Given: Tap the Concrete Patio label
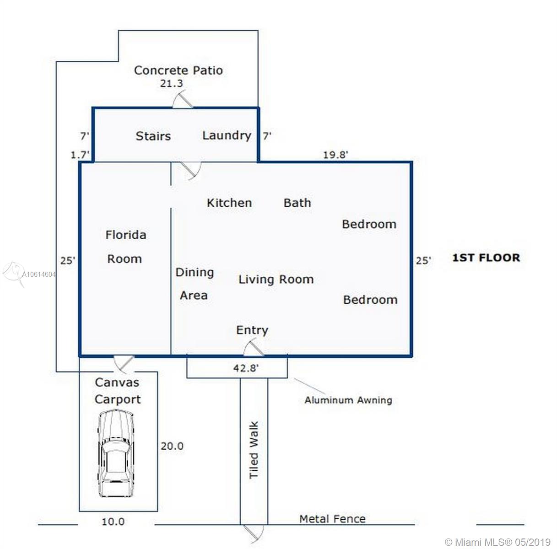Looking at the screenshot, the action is (x=178, y=70).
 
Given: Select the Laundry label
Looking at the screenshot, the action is (x=227, y=136).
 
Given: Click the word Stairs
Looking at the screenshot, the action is (x=153, y=136).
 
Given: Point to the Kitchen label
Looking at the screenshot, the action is (x=229, y=203).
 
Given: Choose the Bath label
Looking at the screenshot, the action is (x=297, y=203).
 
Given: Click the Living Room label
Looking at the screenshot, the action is (x=276, y=280).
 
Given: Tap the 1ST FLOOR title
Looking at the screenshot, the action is (x=486, y=258).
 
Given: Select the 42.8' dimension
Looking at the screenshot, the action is (x=246, y=368).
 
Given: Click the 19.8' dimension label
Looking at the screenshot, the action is (x=335, y=155).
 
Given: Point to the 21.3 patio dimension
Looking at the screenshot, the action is (x=172, y=84).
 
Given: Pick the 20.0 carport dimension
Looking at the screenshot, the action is (x=172, y=446).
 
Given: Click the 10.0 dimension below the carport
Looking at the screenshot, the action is (x=113, y=522).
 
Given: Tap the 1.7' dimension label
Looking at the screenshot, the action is (x=80, y=155).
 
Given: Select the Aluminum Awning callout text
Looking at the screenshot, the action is (x=348, y=400).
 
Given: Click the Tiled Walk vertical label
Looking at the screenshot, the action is (x=254, y=450).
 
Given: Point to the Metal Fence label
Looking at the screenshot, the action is (x=332, y=519).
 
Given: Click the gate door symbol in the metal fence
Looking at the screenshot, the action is (x=254, y=532).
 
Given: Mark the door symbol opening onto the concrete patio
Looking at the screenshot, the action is (x=183, y=99).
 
